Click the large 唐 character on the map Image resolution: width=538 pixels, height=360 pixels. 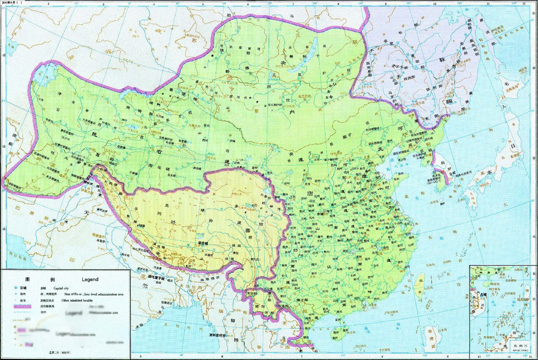point(311,193)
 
